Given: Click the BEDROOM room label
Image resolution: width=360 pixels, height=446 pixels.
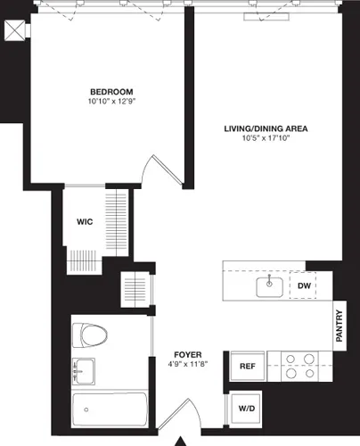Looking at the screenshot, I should point(111,92).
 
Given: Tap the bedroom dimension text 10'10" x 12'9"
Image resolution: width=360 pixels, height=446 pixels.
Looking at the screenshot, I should point(111,103).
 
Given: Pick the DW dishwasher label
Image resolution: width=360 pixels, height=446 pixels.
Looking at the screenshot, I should point(304,285).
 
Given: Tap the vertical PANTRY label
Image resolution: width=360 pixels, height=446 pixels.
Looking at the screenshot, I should point(339,326).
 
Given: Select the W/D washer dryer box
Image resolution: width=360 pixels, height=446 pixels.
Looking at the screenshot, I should point(243,408).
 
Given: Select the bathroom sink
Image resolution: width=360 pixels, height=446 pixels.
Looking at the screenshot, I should point(84,369).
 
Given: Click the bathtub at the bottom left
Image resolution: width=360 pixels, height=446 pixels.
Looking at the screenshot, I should point(109,411).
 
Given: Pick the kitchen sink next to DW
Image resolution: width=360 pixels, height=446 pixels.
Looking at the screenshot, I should point(269,286).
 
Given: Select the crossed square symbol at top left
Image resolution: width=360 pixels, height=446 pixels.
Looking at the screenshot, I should point(14,29).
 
